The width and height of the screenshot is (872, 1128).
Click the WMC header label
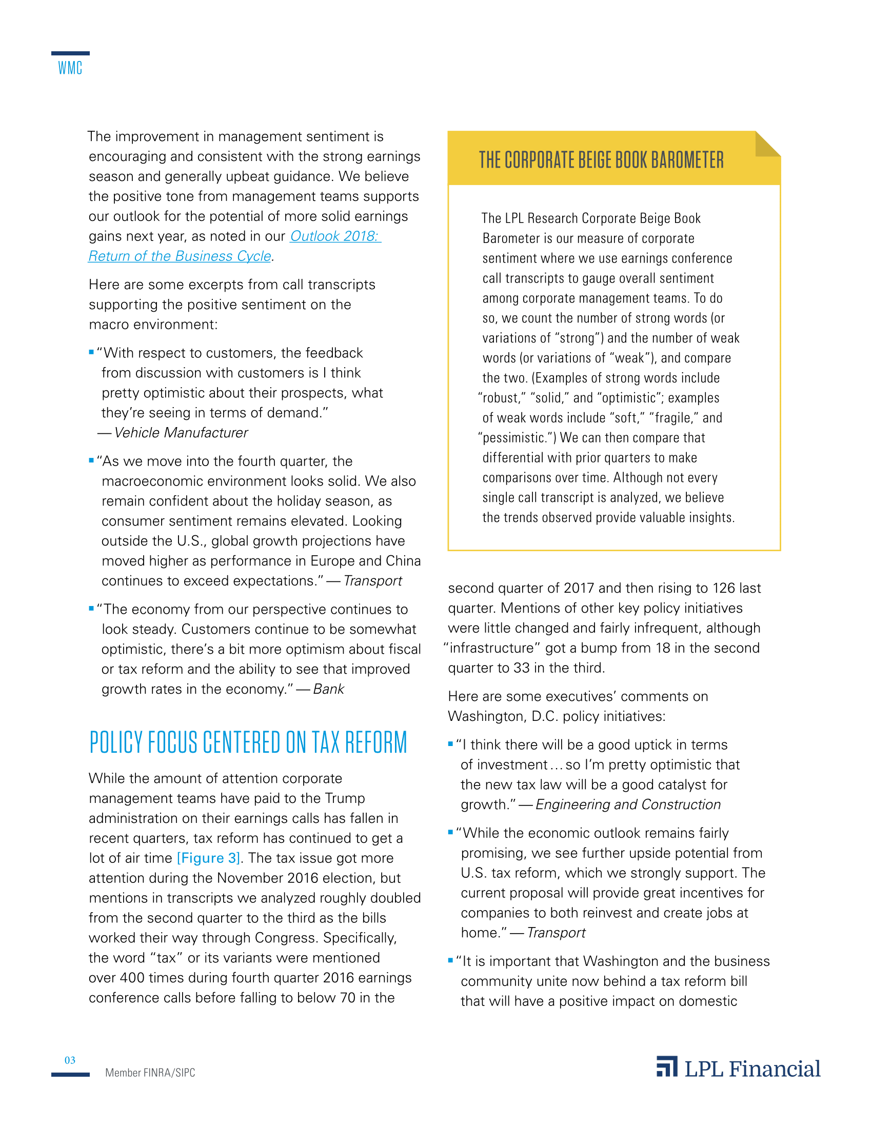70,68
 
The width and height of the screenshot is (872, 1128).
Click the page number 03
70,1060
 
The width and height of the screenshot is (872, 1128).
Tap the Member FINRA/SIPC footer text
150,1073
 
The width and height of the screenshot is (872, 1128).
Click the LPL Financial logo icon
667,1067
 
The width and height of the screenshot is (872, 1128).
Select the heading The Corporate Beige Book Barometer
601,160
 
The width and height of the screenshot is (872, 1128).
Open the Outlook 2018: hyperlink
335,236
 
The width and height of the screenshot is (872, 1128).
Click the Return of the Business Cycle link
180,256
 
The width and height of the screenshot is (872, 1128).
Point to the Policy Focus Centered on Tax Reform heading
248,742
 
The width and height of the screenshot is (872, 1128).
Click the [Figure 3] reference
208,858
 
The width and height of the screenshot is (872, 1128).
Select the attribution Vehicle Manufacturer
181,433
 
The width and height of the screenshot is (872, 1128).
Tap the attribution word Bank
329,689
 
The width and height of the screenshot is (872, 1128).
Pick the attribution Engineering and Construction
628,804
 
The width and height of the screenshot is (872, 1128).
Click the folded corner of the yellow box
767,144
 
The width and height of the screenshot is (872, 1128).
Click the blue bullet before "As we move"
91,460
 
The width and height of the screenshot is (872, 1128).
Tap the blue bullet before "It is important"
450,961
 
